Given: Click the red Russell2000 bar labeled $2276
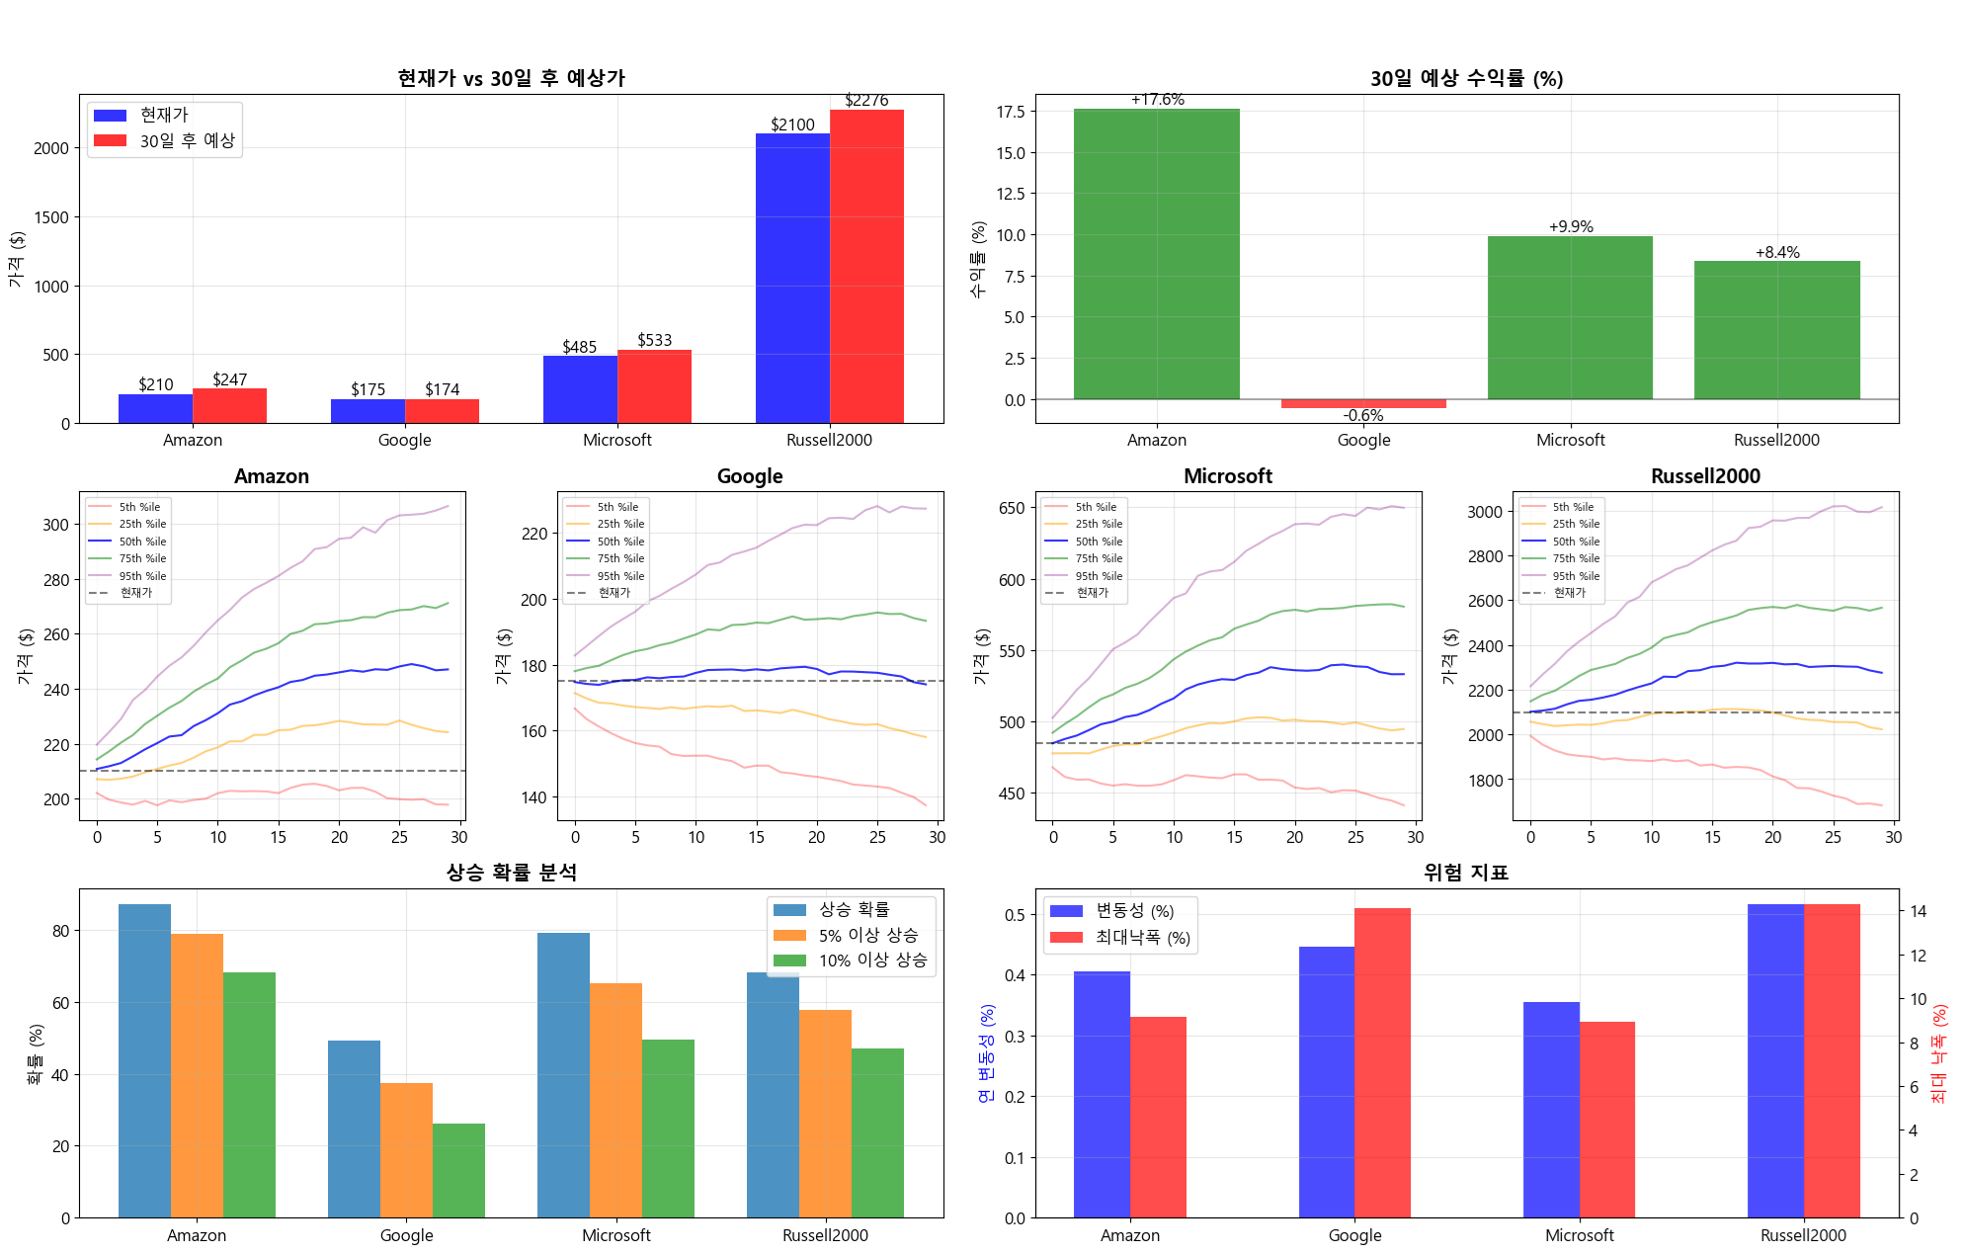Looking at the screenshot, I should [866, 267].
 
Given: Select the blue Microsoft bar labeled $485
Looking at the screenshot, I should [580, 389].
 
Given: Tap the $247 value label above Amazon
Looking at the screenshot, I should [230, 379].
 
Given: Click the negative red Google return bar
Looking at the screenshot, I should [1363, 403].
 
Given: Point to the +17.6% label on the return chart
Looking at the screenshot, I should [1157, 100].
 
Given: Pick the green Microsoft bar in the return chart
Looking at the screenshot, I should [1570, 317].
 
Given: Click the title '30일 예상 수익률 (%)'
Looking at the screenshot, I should [1466, 79].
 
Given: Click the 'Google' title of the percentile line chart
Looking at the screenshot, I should [750, 476].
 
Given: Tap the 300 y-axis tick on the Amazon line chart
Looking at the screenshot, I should [56, 525].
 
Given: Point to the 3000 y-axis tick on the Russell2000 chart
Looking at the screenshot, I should [1485, 512].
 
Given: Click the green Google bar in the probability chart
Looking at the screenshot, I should [458, 1170].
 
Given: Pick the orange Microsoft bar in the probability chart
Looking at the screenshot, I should [615, 1100].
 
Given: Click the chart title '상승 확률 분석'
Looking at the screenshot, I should [512, 873].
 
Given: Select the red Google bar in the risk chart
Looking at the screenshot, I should [1382, 1062].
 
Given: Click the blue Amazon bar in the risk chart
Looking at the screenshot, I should [1102, 1094].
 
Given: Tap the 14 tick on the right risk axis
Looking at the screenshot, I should [1918, 911].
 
